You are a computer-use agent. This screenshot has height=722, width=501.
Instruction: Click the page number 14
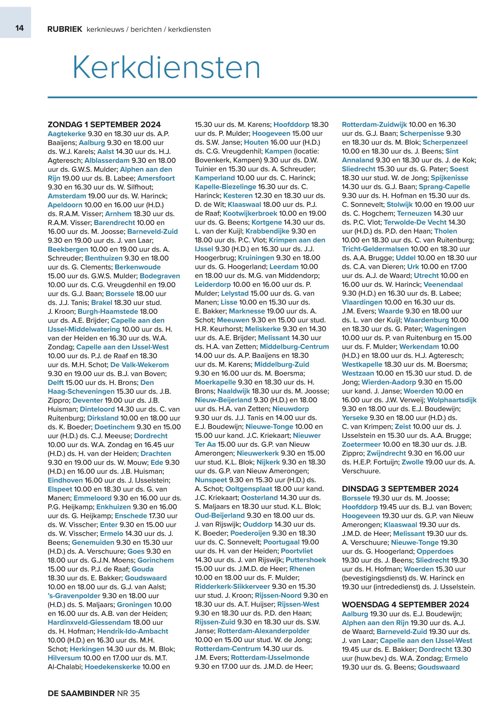pyautogui.click(x=19, y=28)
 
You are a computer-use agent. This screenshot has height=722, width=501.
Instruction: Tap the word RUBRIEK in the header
pyautogui.click(x=65, y=30)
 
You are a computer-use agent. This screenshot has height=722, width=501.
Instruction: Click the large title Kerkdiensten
pyautogui.click(x=166, y=68)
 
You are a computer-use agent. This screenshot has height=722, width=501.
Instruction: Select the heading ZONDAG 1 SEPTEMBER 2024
pyautogui.click(x=104, y=125)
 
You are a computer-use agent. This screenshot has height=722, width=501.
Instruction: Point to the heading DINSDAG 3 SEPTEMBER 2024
pyautogui.click(x=400, y=489)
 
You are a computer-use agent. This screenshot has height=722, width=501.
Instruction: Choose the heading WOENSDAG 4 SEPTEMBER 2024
pyautogui.click(x=406, y=605)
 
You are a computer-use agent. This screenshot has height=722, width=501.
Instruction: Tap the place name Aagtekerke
pyautogui.click(x=67, y=134)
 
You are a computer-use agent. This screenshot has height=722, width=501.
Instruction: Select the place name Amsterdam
pyautogui.click(x=67, y=196)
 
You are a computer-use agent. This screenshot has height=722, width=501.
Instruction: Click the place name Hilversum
pyautogui.click(x=64, y=658)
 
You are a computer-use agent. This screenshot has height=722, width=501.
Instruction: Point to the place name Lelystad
pyautogui.click(x=235, y=294)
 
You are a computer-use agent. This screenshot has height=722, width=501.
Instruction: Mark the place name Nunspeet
pyautogui.click(x=211, y=480)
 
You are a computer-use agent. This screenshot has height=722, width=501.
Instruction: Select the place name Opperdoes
pyautogui.click(x=435, y=551)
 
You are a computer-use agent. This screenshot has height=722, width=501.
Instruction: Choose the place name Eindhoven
pyautogui.click(x=65, y=480)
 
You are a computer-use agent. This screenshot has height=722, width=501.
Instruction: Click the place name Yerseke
pyautogui.click(x=354, y=418)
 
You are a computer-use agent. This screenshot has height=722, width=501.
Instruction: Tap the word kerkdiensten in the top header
pyautogui.click(x=189, y=30)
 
